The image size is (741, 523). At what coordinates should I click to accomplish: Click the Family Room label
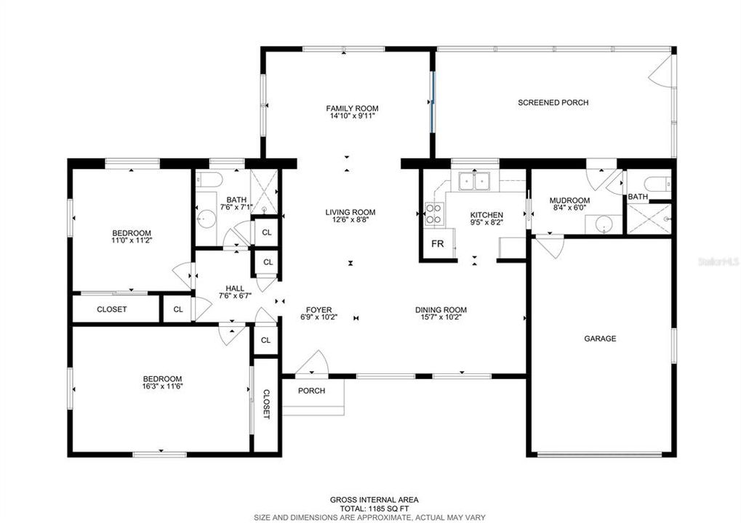(352, 108)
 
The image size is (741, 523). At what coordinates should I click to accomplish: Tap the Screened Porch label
(553, 102)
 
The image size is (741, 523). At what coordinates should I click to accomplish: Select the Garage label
(600, 338)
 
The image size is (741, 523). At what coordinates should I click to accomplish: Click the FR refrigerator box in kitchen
(438, 243)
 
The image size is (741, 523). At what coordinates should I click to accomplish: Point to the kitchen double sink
(475, 182)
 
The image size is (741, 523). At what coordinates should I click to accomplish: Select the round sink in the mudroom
(603, 224)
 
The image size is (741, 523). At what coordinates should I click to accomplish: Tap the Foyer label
(319, 309)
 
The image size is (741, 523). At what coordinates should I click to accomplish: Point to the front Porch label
(311, 391)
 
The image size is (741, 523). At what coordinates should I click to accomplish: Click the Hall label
(235, 288)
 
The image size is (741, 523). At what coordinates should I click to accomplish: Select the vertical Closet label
(266, 404)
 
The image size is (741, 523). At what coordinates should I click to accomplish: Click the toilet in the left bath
(209, 180)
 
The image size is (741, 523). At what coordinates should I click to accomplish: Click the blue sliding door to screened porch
(431, 102)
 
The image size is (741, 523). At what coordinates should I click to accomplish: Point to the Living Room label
(351, 212)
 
